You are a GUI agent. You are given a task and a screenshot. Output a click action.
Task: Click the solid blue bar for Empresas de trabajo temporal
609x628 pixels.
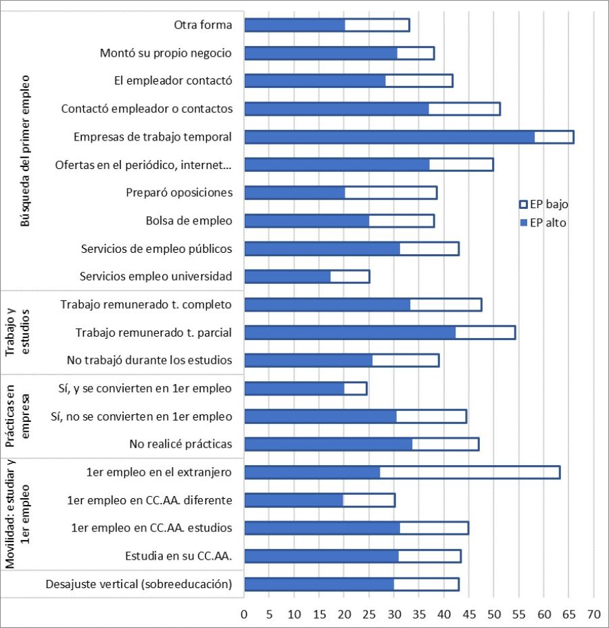coord(389,137)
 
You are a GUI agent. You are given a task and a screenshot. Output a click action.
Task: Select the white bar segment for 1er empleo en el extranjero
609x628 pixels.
coord(470,473)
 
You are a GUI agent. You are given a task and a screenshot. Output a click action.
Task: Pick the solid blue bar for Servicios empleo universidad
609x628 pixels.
coord(287,276)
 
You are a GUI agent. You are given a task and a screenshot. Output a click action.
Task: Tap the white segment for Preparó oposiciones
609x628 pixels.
coord(391,193)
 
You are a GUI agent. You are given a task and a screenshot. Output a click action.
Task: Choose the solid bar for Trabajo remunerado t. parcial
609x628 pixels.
coord(349,333)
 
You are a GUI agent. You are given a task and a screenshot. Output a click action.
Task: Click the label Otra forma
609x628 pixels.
coord(203,25)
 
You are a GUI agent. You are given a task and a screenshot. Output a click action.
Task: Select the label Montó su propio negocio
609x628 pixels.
coord(166,53)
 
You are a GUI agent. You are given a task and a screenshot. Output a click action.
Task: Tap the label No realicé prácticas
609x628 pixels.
coord(180,444)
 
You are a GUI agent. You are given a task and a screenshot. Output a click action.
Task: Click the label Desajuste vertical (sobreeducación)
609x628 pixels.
coord(138,584)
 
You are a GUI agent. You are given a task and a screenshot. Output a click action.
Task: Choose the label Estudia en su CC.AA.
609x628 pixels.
coord(178,556)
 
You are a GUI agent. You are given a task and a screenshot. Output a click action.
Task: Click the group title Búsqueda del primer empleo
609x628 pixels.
coord(26,150)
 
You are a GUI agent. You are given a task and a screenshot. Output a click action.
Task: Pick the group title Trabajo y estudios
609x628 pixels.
coord(18,331)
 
